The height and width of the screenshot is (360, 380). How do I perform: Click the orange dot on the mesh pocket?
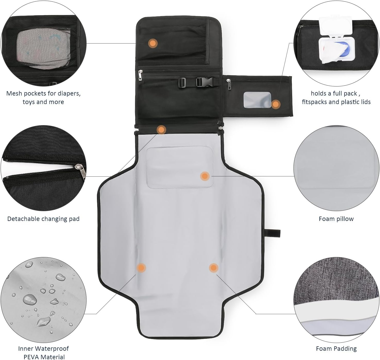click(x=153, y=43)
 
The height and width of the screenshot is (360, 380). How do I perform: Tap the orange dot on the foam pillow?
click(x=205, y=176)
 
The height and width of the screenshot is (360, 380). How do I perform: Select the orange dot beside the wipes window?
click(x=276, y=104)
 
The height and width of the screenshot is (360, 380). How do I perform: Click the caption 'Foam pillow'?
click(x=336, y=219)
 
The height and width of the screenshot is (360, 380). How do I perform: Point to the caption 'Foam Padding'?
click(x=336, y=348)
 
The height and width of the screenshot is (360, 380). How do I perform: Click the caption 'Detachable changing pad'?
click(x=43, y=219)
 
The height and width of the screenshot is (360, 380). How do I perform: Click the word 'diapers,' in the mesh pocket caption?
click(x=70, y=93)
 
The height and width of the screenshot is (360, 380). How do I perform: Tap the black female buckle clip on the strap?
click(x=207, y=82)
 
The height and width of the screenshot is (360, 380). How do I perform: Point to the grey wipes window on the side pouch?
click(x=257, y=100)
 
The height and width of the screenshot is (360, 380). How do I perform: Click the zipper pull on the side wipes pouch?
click(x=229, y=85)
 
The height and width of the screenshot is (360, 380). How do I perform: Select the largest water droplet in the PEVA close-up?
click(x=30, y=299)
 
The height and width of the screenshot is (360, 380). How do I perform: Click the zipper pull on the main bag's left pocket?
click(x=140, y=75)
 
